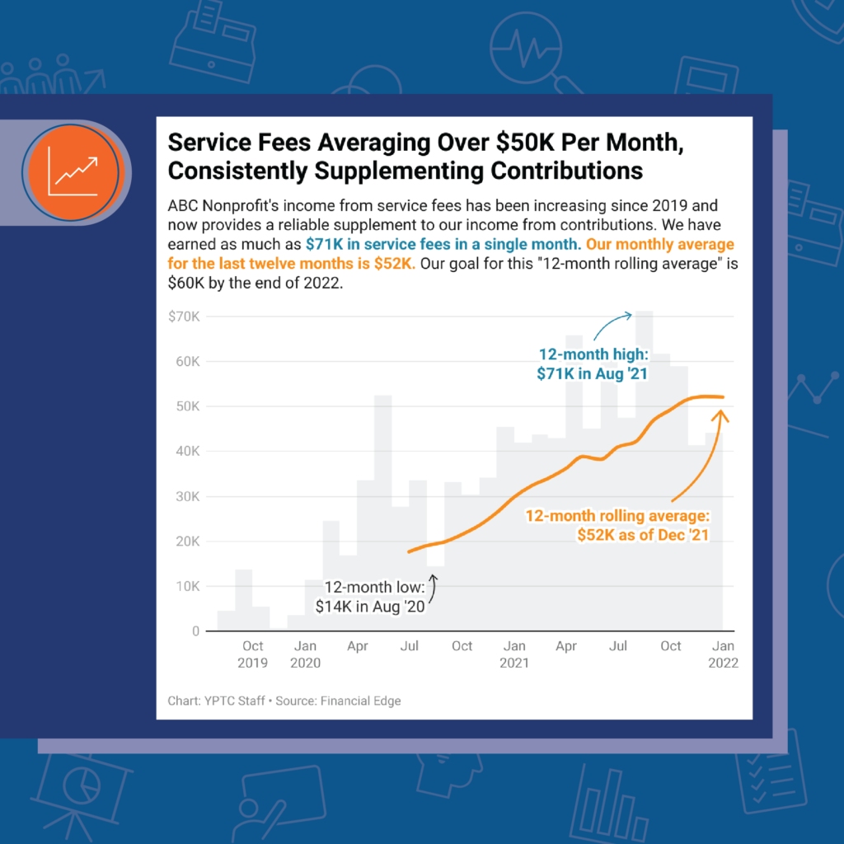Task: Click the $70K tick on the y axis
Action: click(183, 316)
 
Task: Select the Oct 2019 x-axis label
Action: click(253, 654)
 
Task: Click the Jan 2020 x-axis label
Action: click(305, 654)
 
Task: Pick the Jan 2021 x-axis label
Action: click(514, 654)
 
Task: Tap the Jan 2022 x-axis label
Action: click(723, 654)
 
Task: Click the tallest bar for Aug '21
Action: click(644, 470)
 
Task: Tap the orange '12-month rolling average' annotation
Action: click(617, 525)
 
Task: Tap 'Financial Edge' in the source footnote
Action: click(361, 701)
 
